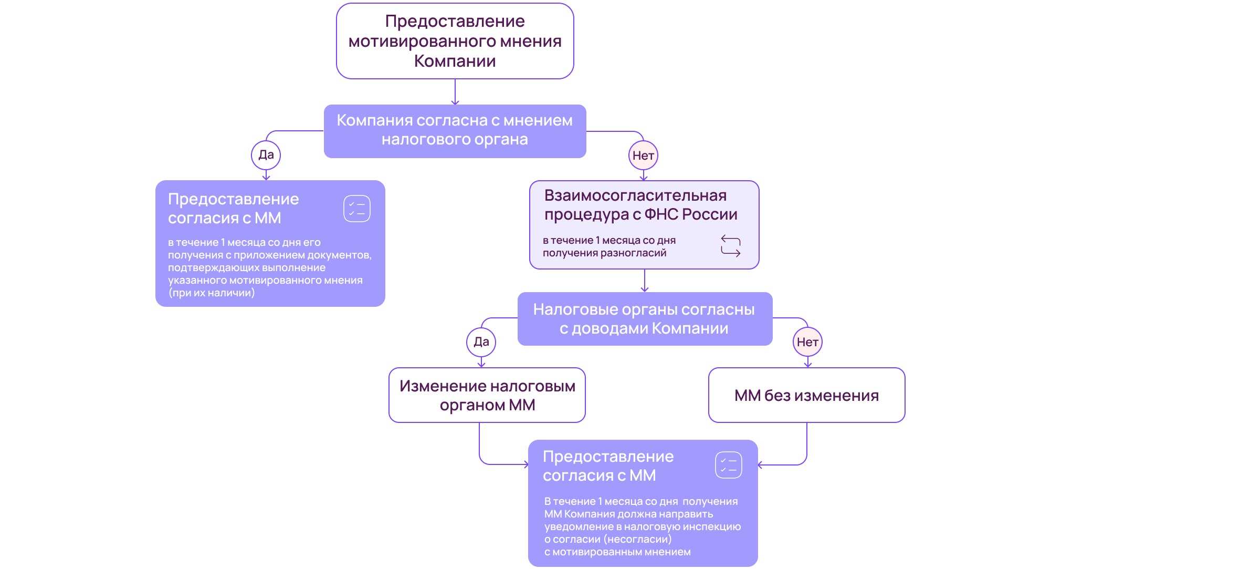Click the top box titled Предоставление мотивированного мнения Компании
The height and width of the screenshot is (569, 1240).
(455, 41)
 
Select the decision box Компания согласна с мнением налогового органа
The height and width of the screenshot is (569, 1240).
(455, 131)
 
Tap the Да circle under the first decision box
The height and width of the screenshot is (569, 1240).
(266, 155)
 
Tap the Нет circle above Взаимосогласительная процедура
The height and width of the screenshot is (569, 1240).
(643, 156)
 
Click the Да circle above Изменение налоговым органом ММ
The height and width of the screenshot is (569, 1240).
(481, 342)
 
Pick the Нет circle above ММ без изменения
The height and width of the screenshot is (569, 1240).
(807, 342)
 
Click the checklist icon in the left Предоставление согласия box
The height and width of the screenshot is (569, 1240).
(357, 209)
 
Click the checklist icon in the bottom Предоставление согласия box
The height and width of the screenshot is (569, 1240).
(728, 465)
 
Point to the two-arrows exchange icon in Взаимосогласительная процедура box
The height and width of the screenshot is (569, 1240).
(730, 246)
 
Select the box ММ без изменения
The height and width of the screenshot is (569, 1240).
(806, 396)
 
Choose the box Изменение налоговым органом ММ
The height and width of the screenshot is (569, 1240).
(487, 396)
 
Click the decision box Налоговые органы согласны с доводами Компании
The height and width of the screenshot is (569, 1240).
(644, 319)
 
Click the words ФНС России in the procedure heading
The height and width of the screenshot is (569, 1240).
(690, 214)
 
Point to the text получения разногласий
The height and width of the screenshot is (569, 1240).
(604, 253)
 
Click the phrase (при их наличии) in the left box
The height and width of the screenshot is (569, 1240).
(212, 293)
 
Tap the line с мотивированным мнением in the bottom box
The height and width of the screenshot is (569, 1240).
(617, 552)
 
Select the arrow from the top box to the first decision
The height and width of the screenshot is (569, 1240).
(455, 92)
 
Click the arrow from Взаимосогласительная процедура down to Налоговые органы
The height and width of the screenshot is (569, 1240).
(645, 281)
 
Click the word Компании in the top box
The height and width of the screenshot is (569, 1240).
(455, 61)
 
